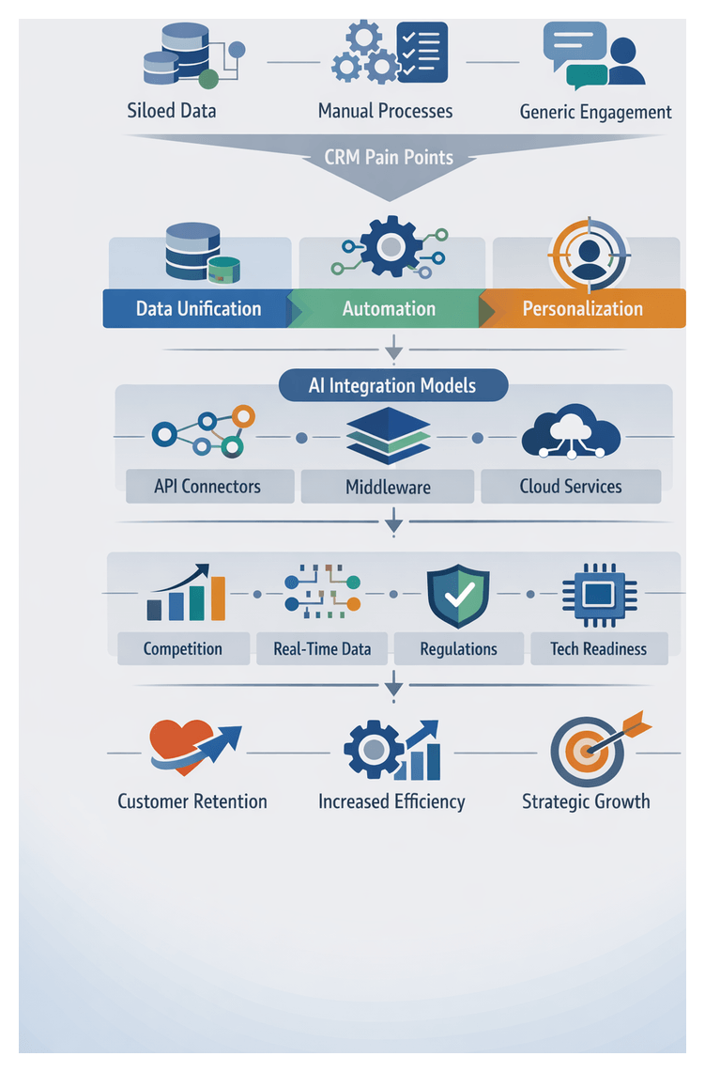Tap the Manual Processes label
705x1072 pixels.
tap(385, 111)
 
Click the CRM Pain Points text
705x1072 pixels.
tap(389, 157)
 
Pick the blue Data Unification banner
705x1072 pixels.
tap(197, 308)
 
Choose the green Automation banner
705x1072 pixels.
tap(389, 308)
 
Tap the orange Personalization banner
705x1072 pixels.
tap(583, 308)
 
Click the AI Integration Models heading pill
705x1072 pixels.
tap(392, 385)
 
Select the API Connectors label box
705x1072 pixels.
tap(207, 487)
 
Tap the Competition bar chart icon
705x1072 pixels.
tap(187, 594)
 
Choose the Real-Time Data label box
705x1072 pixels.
tap(322, 648)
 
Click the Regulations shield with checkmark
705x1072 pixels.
tap(458, 595)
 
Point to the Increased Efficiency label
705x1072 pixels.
tap(391, 801)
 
